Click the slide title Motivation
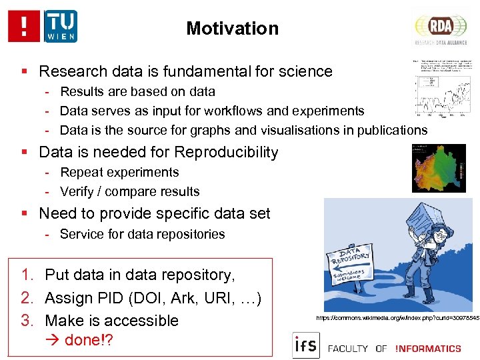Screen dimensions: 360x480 pyautogui.click(x=232, y=29)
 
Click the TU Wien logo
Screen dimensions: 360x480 pyautogui.click(x=61, y=26)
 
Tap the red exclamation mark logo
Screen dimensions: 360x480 pyautogui.click(x=24, y=26)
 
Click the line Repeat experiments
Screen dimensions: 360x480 pyautogui.click(x=119, y=172)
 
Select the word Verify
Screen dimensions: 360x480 pyautogui.click(x=77, y=191)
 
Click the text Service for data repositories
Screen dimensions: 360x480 pyautogui.click(x=142, y=234)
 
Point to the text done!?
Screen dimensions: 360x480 pyautogui.click(x=89, y=340)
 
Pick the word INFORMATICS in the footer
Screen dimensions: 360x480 pyautogui.click(x=427, y=348)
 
